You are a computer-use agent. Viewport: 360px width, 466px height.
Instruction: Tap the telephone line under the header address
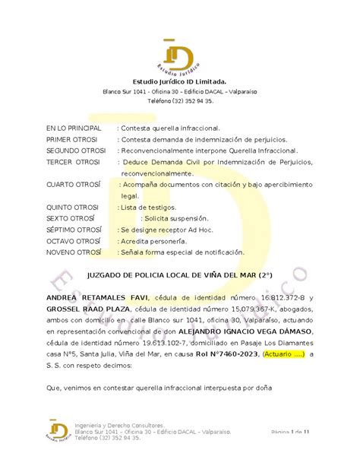pyautogui.click(x=179, y=100)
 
